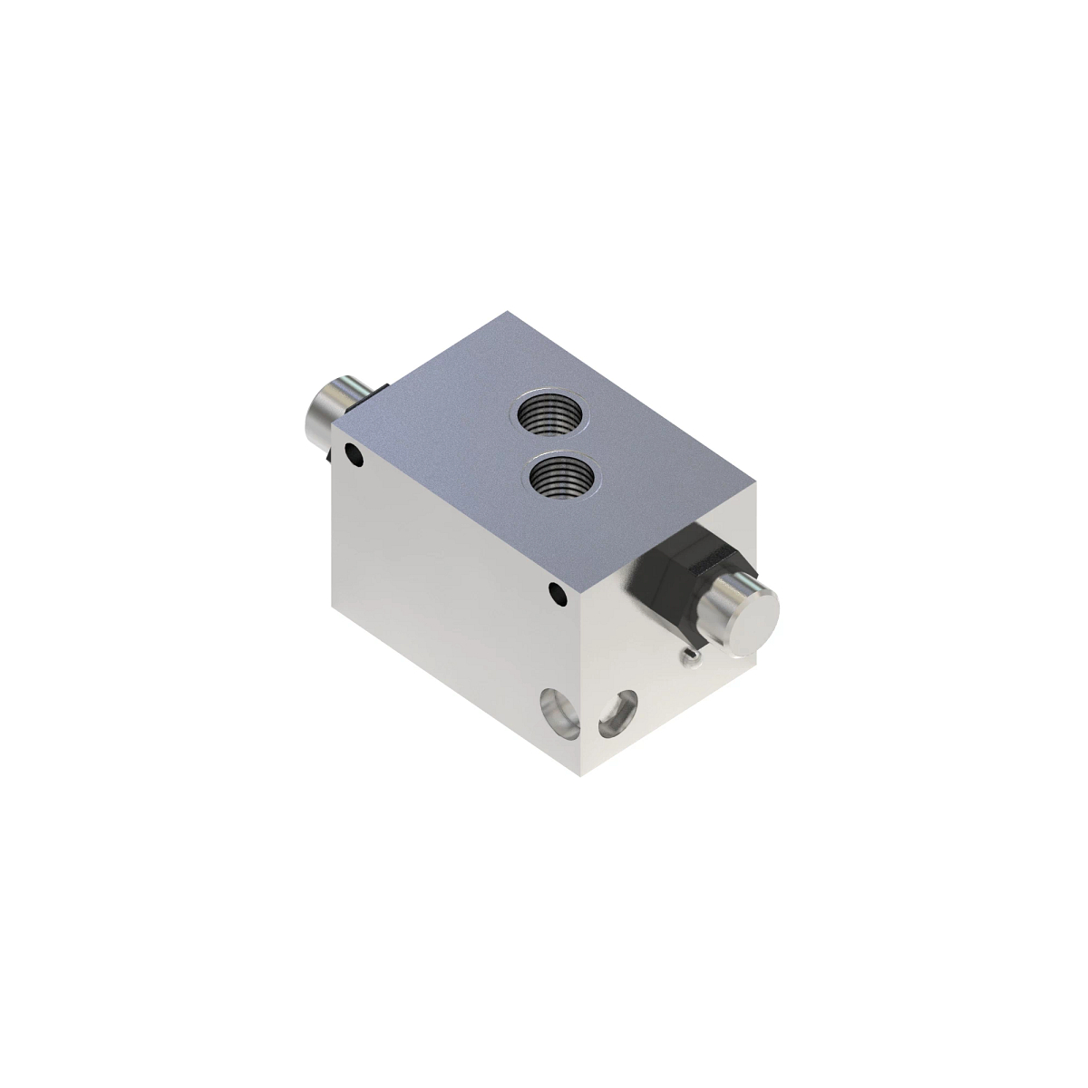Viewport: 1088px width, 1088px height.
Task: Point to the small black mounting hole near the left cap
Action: pos(352,454)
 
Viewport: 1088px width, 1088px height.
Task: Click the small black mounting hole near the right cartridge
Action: pos(557,594)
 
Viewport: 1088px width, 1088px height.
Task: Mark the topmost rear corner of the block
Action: pos(509,311)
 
